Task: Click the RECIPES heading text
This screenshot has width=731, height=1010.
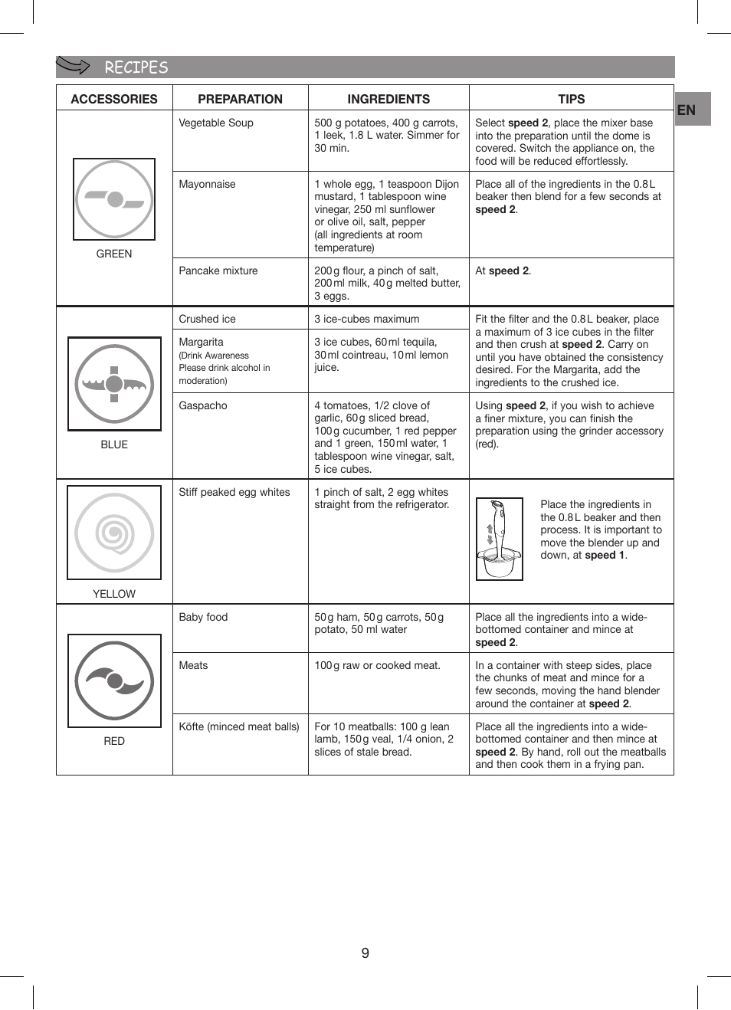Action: coord(136,67)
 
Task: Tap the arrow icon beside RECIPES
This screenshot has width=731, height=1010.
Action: coord(74,66)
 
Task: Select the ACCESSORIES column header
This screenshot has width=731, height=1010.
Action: coord(114,99)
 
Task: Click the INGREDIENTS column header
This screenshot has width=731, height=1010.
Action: coord(388,99)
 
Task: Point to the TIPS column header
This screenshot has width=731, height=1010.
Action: coord(571,99)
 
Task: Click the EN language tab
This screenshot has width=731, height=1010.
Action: coord(687,110)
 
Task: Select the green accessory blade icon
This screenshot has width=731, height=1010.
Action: coord(114,199)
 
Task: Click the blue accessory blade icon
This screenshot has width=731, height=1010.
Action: coord(114,384)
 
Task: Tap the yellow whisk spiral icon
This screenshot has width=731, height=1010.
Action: coord(114,533)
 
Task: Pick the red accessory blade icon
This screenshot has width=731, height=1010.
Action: coord(114,680)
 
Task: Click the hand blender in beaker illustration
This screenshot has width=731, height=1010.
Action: coord(500,539)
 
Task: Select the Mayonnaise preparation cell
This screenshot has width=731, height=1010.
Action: coord(207,184)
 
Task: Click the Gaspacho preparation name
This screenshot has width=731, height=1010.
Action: coord(203,405)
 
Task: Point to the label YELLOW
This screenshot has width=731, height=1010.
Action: coord(114,594)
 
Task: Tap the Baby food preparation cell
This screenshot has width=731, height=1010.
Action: coord(203,617)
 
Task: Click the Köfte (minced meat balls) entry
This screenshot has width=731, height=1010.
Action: coord(239,726)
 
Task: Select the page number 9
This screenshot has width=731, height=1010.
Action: coord(365,953)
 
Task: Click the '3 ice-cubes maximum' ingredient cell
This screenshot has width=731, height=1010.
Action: coord(367,319)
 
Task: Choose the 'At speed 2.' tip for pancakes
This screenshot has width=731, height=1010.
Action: coord(503,271)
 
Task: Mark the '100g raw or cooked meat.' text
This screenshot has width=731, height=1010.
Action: coord(377,665)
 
